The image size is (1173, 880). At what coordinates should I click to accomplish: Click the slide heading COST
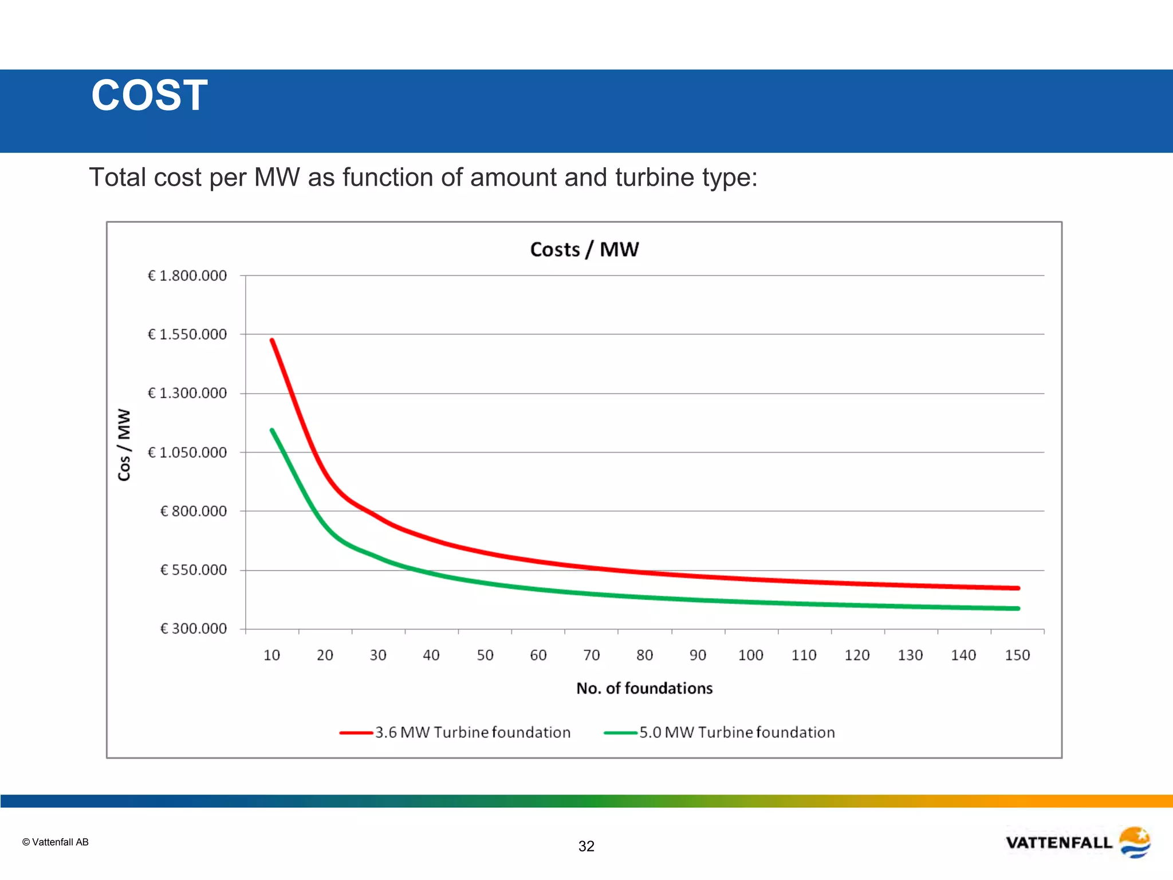click(x=149, y=96)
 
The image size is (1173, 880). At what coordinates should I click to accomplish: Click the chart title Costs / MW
click(x=584, y=249)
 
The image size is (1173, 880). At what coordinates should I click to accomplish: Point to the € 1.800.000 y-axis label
click(x=187, y=276)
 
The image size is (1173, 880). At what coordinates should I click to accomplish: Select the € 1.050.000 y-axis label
click(x=187, y=453)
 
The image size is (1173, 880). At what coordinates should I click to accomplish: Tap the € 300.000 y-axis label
click(x=193, y=628)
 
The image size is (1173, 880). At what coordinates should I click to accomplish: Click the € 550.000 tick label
click(x=193, y=569)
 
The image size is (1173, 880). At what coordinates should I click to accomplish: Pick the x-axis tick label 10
click(x=271, y=655)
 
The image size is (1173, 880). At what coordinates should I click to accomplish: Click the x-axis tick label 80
click(x=644, y=655)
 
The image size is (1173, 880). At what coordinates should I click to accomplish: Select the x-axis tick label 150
click(x=1017, y=655)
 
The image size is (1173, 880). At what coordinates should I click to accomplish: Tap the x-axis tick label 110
click(x=804, y=655)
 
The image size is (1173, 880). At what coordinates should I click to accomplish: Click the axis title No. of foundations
click(x=644, y=688)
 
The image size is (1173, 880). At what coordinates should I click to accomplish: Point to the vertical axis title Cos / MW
click(x=124, y=445)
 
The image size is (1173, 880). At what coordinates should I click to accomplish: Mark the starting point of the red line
click(x=272, y=340)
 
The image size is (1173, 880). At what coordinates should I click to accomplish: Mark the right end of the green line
click(x=1018, y=608)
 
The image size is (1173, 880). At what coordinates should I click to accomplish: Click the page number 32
click(x=586, y=846)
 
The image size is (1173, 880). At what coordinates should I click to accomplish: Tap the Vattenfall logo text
click(x=1058, y=843)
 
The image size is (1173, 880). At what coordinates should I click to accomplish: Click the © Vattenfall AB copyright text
click(x=56, y=842)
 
